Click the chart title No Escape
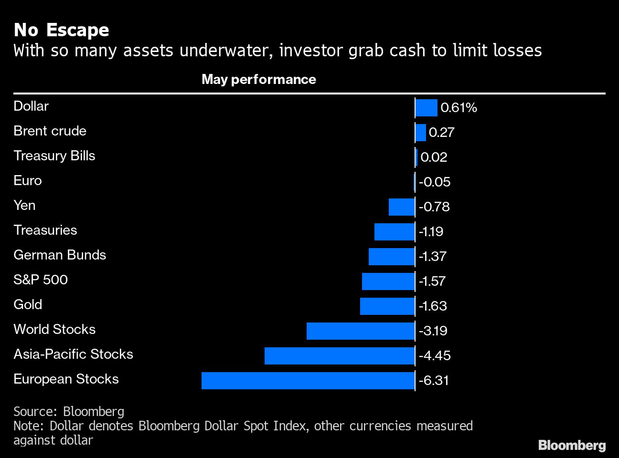tap(61, 30)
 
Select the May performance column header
tap(258, 79)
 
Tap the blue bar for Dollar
tap(426, 108)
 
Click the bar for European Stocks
tap(308, 381)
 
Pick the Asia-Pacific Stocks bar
tap(339, 356)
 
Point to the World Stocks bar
tap(360, 331)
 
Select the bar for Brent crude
tap(420, 133)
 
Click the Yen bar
tap(401, 207)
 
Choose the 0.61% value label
tap(459, 108)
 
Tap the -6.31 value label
tap(434, 381)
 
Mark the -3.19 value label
tap(433, 331)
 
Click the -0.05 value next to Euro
tap(434, 182)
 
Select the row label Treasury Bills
tap(54, 156)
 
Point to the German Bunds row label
tap(60, 255)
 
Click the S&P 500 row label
tap(41, 280)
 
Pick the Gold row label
tap(28, 304)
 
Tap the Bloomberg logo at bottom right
tap(572, 446)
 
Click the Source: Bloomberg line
tap(69, 411)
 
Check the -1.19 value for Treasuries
tap(431, 232)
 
